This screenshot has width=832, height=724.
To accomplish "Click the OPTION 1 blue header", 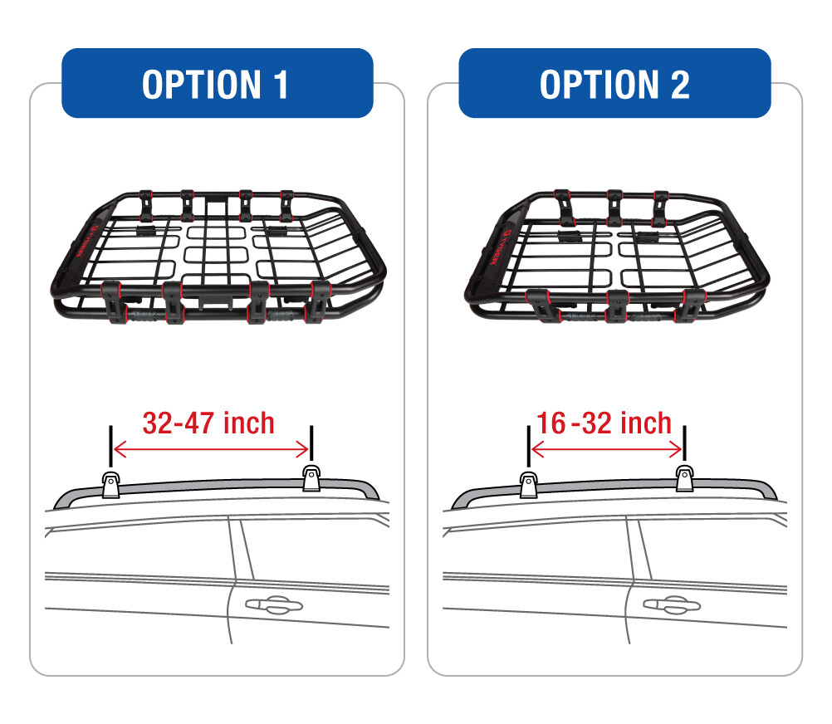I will (x=217, y=84).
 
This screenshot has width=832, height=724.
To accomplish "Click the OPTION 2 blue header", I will (x=614, y=84).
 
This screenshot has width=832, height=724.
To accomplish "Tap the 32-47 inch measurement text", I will (x=208, y=423).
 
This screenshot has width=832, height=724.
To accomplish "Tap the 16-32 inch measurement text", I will (x=604, y=423).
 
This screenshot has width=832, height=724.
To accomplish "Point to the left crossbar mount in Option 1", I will (x=110, y=482).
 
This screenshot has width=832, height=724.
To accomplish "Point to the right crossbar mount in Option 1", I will (x=311, y=479).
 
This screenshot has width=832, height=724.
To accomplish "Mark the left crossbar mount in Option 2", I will (x=528, y=482).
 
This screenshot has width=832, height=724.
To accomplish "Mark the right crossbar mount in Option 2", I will (x=684, y=479).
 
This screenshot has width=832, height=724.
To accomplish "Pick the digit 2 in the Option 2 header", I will (x=678, y=84).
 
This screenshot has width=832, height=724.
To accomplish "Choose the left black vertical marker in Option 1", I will (x=109, y=447).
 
